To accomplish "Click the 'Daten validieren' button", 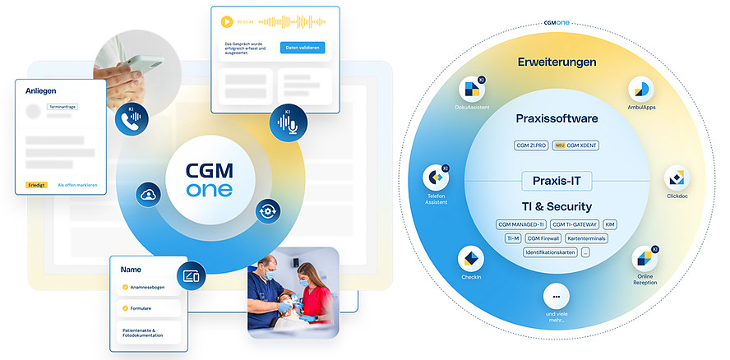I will tap(302, 48).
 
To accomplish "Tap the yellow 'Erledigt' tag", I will tap(36, 185).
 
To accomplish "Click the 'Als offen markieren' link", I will tap(77, 185).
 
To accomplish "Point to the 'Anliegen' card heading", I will tap(41, 91).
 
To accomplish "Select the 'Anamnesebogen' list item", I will tap(148, 287).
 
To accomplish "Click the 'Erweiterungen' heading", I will tap(557, 62).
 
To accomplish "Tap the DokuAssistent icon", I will tap(471, 90).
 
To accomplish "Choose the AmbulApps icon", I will tap(640, 90).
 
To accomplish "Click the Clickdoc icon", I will tap(676, 177).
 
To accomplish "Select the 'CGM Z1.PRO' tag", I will tap(531, 145).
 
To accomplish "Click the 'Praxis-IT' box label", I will tap(557, 181).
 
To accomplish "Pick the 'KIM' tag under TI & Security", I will tap(609, 224).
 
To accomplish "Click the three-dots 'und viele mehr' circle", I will tap(557, 296).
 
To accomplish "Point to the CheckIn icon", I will tap(471, 261).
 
